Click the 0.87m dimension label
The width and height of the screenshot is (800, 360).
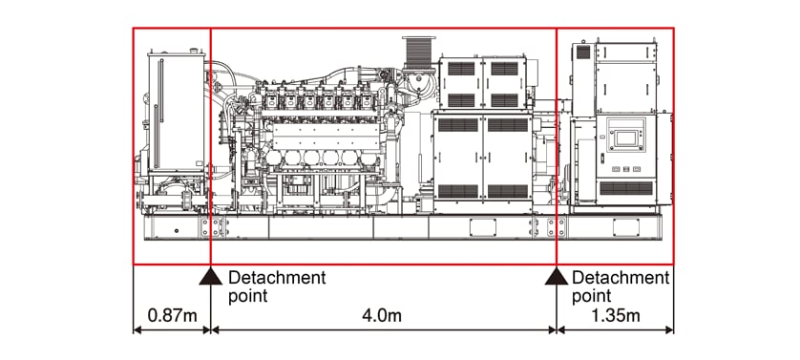tap(172, 315)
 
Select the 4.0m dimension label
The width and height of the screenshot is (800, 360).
tap(382, 315)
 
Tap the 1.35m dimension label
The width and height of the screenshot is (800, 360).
tap(616, 315)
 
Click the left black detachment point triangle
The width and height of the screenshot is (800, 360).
tap(211, 277)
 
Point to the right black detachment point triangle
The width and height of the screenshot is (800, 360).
tap(557, 277)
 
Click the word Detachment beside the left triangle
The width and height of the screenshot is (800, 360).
tap(277, 278)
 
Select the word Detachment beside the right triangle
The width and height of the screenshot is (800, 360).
tap(621, 278)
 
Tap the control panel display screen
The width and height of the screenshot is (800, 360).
tap(625, 138)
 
